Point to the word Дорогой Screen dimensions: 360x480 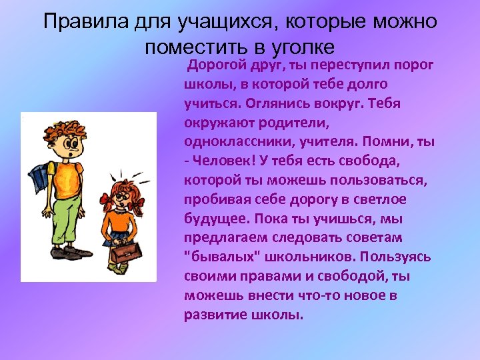[x=217, y=65]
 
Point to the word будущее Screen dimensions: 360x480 [x=213, y=219]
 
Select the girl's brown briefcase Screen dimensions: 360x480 [x=126, y=253]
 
